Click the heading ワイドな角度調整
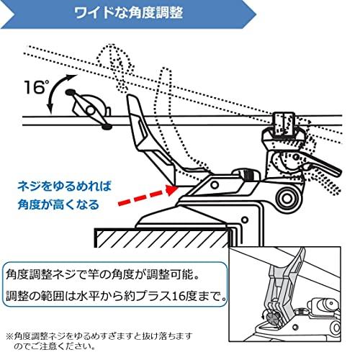(128, 13)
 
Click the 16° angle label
(36, 86)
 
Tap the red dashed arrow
(148, 196)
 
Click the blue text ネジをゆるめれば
(65, 186)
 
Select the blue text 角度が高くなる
(58, 204)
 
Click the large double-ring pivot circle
(287, 198)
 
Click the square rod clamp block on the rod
(284, 125)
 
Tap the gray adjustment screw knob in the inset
(272, 319)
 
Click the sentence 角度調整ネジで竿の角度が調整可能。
(103, 275)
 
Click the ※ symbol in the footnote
(9, 336)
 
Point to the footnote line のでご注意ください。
(55, 346)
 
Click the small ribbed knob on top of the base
(250, 174)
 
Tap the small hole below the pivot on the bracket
(245, 220)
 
